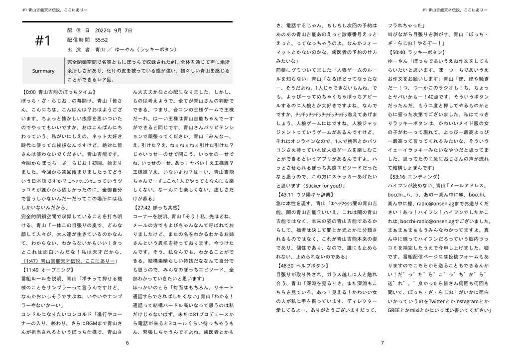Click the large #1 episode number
pyautogui.click(x=43, y=41)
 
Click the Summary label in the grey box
pyautogui.click(x=43, y=71)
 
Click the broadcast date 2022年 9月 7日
pyautogui.click(x=114, y=30)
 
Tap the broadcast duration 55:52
pyautogui.click(x=102, y=40)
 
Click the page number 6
pyautogui.click(x=127, y=343)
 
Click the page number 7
pyautogui.click(x=382, y=343)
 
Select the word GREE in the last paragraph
pyautogui.click(x=395, y=310)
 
